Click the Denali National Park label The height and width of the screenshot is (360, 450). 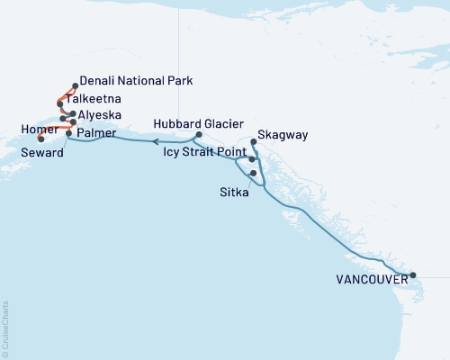point(136,81)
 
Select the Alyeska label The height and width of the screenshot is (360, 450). point(101,117)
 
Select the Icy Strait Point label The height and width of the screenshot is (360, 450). point(204,152)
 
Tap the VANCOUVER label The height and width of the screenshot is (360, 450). point(371,279)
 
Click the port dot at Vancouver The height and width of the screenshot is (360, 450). point(412,275)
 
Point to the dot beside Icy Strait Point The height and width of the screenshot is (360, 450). point(252,158)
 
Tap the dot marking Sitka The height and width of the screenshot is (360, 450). point(254,173)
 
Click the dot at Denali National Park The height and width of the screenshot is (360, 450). point(75,86)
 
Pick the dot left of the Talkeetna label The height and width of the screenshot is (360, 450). point(60,103)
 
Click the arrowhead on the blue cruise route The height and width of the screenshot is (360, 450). point(155,141)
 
